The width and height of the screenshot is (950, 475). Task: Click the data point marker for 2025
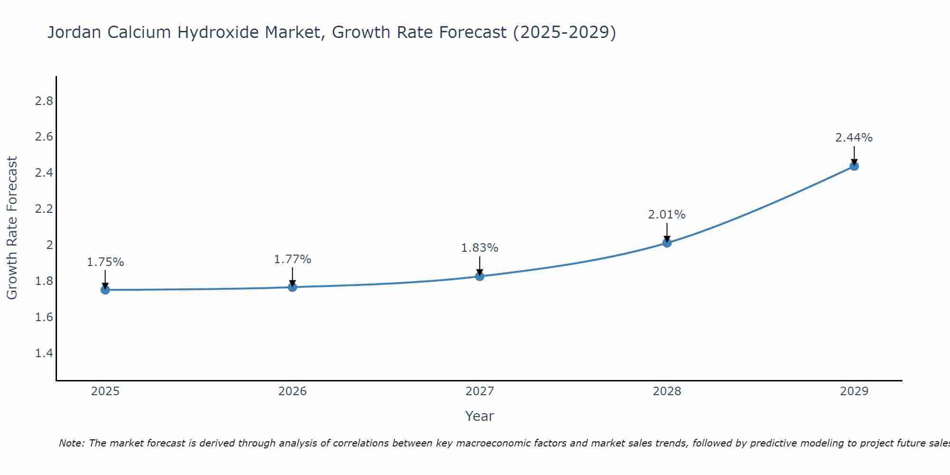105,290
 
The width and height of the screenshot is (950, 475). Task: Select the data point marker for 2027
480,276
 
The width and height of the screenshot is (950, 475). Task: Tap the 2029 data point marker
854,166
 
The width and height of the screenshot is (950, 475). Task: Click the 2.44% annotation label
854,138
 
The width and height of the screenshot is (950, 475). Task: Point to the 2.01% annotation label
667,215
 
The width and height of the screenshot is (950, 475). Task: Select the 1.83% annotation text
480,248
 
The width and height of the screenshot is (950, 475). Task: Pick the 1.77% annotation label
293,259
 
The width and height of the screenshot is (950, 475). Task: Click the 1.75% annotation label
105,262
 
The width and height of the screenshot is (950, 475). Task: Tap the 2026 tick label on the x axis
293,391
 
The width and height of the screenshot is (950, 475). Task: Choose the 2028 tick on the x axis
667,391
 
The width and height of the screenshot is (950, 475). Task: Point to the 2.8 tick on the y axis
44,101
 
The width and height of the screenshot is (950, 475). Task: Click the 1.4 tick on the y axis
44,353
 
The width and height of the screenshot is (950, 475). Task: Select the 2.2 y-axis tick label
44,209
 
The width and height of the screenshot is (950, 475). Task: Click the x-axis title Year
480,416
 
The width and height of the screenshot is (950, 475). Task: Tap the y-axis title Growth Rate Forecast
12,228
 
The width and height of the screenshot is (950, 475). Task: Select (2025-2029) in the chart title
564,33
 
